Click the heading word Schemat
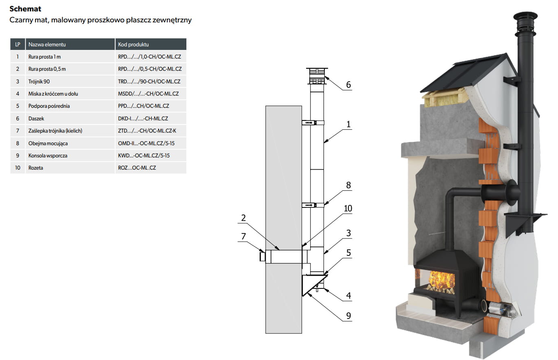click(x=25, y=9)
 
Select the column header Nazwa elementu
click(x=47, y=44)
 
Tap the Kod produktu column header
click(x=133, y=44)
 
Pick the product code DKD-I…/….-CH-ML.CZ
click(x=143, y=118)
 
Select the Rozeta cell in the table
click(x=35, y=168)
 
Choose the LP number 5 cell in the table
click(x=18, y=106)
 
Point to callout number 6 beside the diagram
click(x=348, y=85)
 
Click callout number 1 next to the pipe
click(x=348, y=124)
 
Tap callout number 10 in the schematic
click(x=348, y=209)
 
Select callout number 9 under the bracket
click(x=348, y=316)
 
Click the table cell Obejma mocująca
click(x=48, y=143)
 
